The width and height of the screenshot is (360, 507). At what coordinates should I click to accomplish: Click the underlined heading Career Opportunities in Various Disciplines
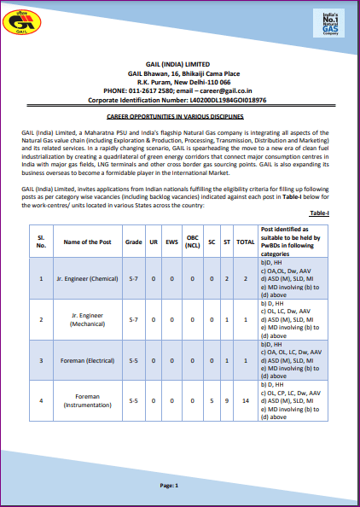(180, 115)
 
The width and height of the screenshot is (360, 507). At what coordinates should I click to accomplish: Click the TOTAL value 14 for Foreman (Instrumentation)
(246, 400)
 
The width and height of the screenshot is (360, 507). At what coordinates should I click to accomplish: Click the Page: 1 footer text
(169, 486)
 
